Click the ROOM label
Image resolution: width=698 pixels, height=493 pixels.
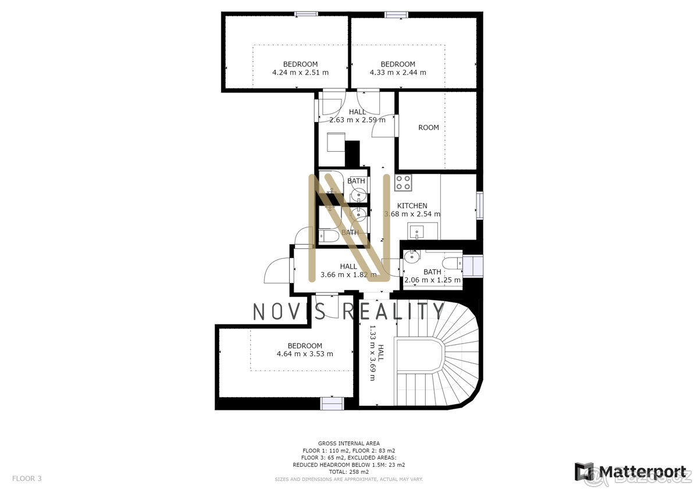point(429,127)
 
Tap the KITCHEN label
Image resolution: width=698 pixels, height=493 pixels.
point(412,206)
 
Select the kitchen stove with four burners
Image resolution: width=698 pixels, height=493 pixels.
point(403,183)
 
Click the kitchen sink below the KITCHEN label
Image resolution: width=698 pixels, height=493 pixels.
point(417,233)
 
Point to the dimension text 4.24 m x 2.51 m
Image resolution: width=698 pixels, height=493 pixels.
point(300,73)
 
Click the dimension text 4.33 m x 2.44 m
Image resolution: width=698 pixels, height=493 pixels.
point(398,73)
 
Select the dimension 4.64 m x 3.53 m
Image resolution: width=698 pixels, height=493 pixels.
point(305,353)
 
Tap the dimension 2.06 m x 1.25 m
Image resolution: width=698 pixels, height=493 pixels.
point(432,280)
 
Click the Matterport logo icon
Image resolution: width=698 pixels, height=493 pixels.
point(584,471)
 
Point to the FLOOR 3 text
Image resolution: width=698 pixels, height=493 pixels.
point(27,478)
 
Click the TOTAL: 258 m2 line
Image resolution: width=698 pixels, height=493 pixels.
point(349,472)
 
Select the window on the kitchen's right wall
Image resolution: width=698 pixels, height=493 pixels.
point(479,205)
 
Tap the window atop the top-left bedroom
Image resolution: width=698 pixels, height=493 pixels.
point(305,14)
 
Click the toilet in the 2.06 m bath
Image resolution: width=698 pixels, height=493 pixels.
point(451,263)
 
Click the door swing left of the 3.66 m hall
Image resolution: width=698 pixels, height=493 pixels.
point(277,271)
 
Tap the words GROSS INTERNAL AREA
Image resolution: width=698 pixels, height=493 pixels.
point(349,444)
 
